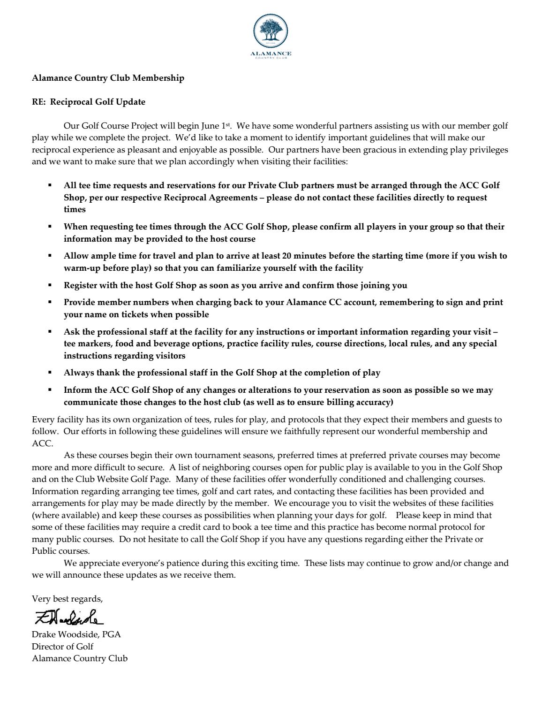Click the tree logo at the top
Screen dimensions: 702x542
(x=271, y=31)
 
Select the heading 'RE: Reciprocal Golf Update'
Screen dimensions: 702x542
(x=89, y=102)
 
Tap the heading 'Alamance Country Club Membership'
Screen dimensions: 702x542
(x=108, y=78)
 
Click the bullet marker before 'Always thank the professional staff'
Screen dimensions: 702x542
(x=50, y=373)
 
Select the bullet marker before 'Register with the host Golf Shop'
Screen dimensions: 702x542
(x=50, y=285)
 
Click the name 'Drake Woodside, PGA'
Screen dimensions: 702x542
(x=76, y=634)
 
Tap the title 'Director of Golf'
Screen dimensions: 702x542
(x=62, y=646)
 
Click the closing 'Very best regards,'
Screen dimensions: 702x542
(x=67, y=599)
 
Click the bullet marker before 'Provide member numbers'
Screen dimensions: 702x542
(x=50, y=302)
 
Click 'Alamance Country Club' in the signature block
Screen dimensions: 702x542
(x=80, y=658)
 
